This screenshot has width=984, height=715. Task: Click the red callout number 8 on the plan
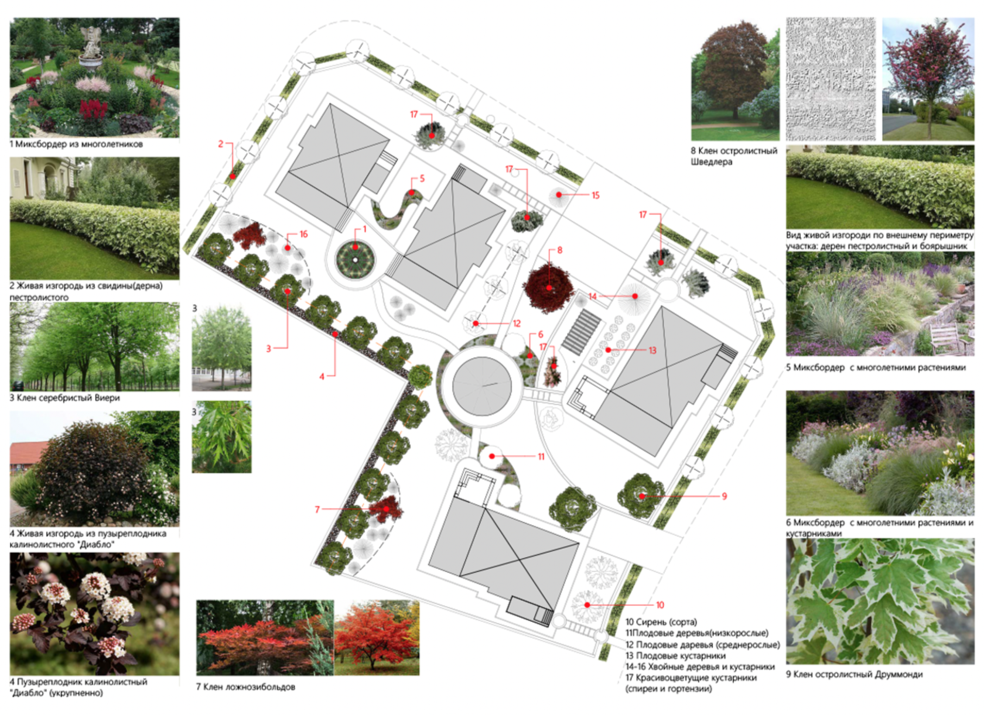click(x=560, y=250)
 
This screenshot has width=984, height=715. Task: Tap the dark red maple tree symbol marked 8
click(x=549, y=287)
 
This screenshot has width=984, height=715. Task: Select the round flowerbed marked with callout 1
click(x=355, y=259)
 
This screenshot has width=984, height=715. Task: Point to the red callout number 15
click(x=596, y=195)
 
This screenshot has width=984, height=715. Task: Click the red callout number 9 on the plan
click(x=724, y=496)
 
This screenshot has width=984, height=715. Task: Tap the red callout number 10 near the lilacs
click(x=660, y=605)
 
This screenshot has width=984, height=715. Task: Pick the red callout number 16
click(x=303, y=235)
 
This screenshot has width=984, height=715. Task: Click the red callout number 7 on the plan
click(x=317, y=510)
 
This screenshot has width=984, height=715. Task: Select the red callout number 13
click(x=652, y=350)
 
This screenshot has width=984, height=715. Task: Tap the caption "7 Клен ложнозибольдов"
click(x=245, y=687)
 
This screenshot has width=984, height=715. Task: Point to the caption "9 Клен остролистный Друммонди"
click(x=854, y=675)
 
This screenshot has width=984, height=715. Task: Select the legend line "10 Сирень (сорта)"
click(x=661, y=622)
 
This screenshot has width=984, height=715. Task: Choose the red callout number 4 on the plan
click(x=322, y=377)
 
